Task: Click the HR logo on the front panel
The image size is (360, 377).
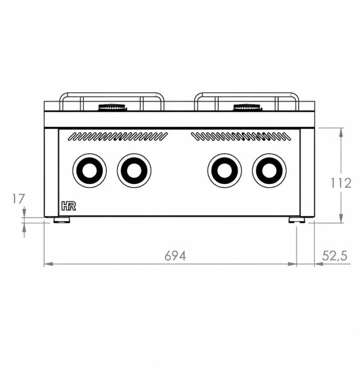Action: point(69,206)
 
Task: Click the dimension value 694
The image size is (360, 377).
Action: point(175,256)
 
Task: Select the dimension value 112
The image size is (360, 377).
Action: point(341,183)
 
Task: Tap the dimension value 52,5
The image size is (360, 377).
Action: point(334,256)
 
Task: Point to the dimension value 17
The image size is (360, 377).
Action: point(18,199)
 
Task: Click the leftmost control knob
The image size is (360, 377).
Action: point(90,170)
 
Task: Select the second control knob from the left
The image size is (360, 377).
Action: point(134,170)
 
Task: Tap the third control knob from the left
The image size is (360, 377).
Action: point(225,170)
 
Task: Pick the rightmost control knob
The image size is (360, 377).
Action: point(269,170)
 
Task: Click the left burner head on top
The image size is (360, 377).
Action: point(113,107)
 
